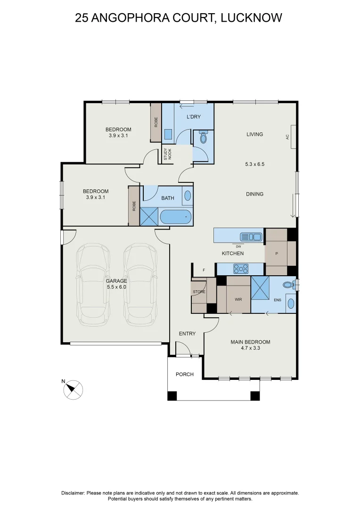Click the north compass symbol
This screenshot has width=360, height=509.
[73, 389]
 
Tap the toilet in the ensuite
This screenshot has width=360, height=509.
[287, 285]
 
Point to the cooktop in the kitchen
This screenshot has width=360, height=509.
[241, 269]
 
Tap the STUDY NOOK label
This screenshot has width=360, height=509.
[165, 155]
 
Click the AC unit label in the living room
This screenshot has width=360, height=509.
[287, 137]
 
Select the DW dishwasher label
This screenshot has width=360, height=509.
[238, 246]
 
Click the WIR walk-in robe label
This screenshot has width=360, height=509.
[238, 299]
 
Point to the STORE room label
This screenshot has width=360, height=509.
[199, 292]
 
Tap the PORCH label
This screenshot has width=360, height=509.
[185, 375]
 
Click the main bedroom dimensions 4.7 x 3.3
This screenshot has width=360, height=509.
[250, 349]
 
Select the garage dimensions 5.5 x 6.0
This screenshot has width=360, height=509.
[116, 287]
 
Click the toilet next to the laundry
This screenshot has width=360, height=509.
[204, 138]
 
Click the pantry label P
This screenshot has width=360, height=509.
[277, 254]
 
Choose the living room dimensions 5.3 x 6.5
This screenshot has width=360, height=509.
[254, 164]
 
